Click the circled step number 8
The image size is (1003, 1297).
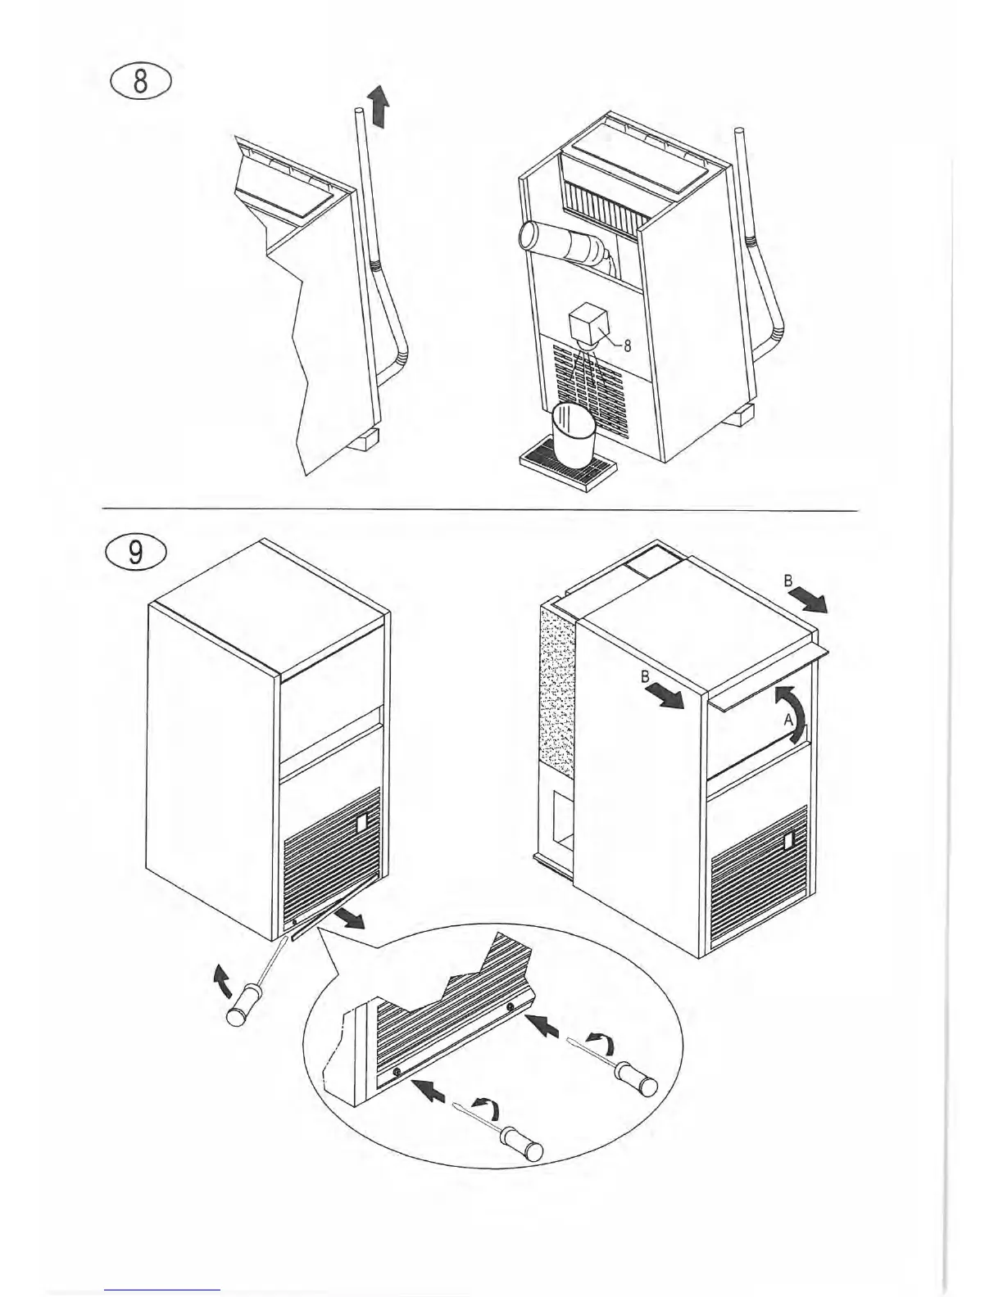pos(140,83)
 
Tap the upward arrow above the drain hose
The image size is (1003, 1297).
pos(377,107)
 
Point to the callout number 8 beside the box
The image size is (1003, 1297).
pos(627,345)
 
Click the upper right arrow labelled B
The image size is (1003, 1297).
pos(813,602)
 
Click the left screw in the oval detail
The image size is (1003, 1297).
pos(398,1073)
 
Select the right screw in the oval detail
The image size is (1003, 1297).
pos(511,1006)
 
